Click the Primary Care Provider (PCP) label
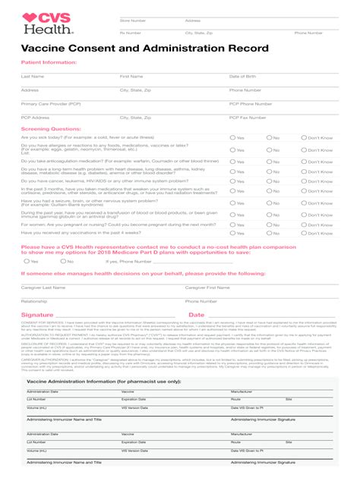point(51,103)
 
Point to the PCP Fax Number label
point(250,118)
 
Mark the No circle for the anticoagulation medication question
point(268,162)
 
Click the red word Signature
point(37,315)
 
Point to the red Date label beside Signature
point(196,315)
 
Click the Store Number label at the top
point(133,20)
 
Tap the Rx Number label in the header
point(131,33)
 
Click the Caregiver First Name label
point(207,288)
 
